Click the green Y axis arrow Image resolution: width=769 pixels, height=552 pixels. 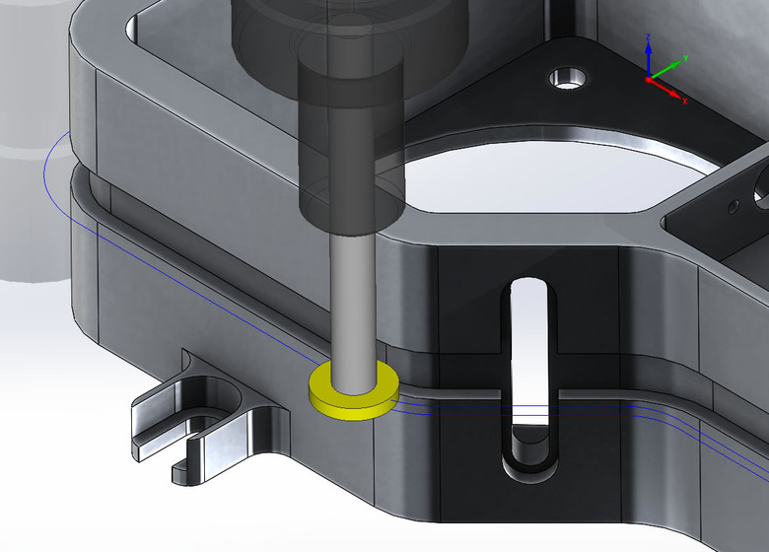click(x=666, y=70)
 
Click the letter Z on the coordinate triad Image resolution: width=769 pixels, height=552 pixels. click(x=649, y=37)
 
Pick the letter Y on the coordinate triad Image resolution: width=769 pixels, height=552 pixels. click(x=685, y=58)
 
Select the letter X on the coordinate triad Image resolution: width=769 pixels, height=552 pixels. click(x=684, y=101)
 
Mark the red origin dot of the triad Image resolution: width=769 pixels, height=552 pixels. click(x=649, y=79)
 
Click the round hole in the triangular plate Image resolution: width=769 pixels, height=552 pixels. click(x=568, y=79)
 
